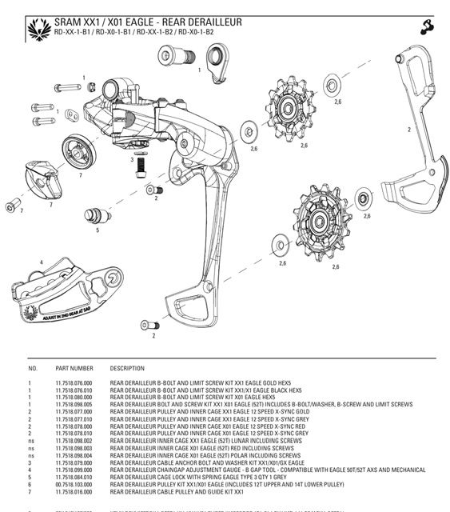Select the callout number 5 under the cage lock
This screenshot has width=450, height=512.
98,230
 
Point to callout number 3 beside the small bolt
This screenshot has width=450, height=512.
132,159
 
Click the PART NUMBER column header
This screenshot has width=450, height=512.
74,368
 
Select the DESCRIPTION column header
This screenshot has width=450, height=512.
127,368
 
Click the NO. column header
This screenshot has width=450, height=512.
33,368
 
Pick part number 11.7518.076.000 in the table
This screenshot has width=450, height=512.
74,383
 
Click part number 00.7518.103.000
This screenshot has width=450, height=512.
74,484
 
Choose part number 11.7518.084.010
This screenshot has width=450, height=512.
74,477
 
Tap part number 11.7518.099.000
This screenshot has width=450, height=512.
74,470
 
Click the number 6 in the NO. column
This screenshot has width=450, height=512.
30,484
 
